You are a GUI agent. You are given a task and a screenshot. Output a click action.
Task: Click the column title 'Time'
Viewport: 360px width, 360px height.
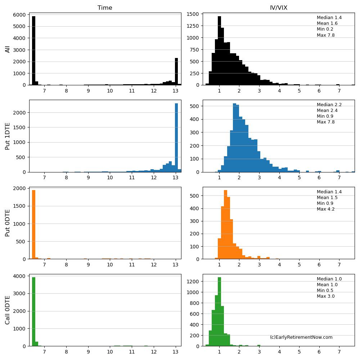click(105, 8)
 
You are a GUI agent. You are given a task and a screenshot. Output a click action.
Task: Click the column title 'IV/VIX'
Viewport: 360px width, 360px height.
click(279, 8)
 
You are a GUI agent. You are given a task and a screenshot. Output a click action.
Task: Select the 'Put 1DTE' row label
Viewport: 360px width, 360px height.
click(8, 136)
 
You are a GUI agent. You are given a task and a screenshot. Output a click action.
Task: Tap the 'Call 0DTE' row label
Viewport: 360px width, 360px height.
click(8, 310)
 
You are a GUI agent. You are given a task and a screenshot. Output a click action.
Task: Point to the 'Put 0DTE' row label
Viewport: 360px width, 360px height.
click(8, 223)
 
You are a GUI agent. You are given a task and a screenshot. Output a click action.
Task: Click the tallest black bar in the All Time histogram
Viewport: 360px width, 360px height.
click(33, 50)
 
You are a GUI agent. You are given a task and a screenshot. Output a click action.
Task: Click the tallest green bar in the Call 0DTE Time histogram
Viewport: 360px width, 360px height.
click(33, 311)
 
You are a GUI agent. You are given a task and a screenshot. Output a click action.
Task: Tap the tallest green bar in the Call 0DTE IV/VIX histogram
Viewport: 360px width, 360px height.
click(219, 311)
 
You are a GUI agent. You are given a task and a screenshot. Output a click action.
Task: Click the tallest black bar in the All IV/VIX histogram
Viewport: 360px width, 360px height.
click(219, 50)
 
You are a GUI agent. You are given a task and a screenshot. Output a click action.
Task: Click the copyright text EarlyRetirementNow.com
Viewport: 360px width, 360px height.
click(301, 337)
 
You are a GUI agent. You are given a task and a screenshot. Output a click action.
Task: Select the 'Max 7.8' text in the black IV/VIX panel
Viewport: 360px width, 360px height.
click(325, 35)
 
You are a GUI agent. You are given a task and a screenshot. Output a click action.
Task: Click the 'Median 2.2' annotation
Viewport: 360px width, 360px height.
click(329, 105)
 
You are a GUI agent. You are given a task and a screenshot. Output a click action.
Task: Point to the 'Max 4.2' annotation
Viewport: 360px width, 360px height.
click(325, 209)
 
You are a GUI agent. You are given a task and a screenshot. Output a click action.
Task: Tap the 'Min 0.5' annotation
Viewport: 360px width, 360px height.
click(325, 291)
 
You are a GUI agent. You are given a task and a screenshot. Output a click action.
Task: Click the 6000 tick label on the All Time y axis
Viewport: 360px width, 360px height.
click(20, 15)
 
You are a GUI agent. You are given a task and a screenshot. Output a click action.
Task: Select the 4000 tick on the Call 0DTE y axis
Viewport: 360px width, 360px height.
click(20, 276)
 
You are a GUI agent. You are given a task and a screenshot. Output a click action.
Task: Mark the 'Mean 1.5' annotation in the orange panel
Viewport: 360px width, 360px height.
click(327, 198)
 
